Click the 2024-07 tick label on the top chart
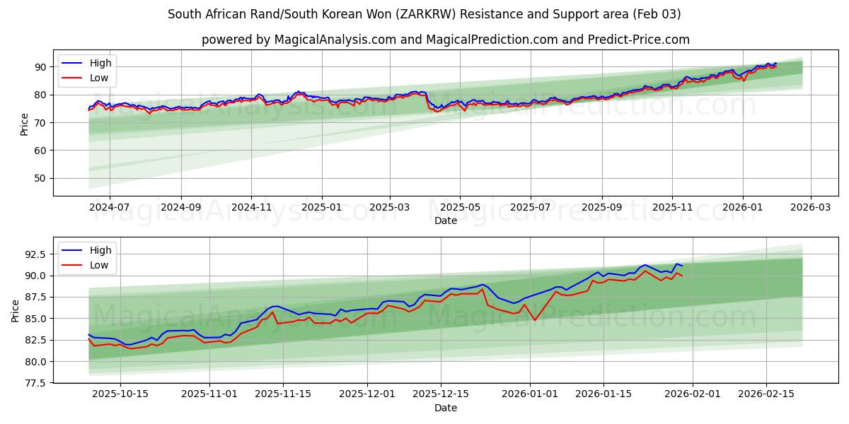click(110, 207)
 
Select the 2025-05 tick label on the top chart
click(460, 207)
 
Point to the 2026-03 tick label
click(810, 207)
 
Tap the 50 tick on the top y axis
click(40, 178)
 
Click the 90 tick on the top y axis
click(40, 67)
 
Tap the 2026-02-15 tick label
click(766, 394)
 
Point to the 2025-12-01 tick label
click(367, 394)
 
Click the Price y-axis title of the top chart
click(25, 123)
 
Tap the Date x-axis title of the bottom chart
click(446, 408)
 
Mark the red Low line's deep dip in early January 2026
click(535, 320)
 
